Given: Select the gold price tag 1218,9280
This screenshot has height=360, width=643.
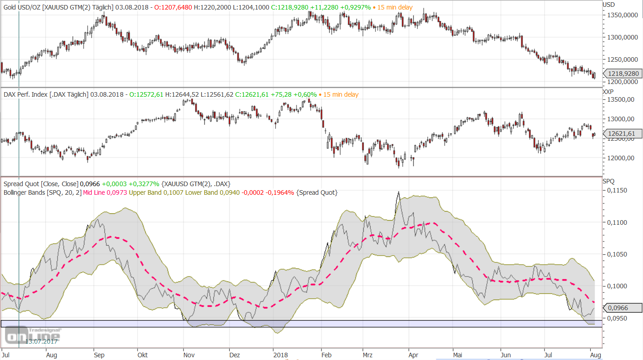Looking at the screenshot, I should [x=623, y=74].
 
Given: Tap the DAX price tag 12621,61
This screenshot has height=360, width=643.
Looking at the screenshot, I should [x=623, y=133].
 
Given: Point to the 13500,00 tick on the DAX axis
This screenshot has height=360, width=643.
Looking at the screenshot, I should [x=621, y=100].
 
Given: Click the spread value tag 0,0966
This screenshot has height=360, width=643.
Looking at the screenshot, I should [x=623, y=308].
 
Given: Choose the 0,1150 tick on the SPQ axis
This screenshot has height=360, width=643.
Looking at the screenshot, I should [x=618, y=191].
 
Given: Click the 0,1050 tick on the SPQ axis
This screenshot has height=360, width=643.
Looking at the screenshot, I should [x=618, y=254].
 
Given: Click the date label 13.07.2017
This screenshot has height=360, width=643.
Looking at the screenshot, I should [x=41, y=341].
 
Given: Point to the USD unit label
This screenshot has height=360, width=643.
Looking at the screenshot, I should [x=608, y=5].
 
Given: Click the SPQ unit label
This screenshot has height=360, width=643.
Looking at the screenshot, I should [x=608, y=181].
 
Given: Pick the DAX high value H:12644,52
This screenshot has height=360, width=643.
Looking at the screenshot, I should [x=186, y=94].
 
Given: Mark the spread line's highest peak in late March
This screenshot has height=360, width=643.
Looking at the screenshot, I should [x=398, y=192].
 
